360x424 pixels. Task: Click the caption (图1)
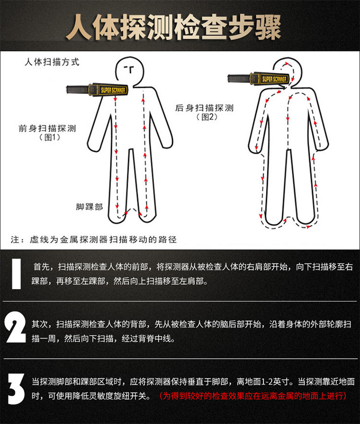coord(48,138)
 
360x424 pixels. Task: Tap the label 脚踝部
coord(89,206)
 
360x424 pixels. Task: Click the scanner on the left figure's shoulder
coord(98,89)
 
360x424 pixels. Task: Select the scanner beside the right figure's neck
coord(258,78)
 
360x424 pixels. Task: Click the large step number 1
coord(16,274)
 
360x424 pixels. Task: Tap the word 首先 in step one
coord(40,267)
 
